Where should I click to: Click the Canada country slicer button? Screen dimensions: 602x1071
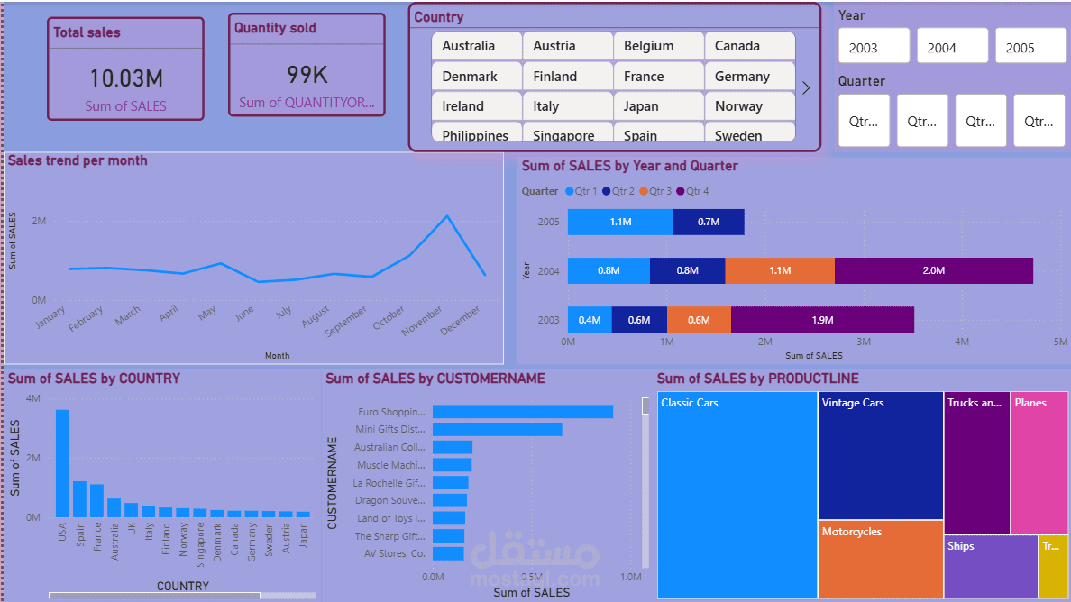(749, 46)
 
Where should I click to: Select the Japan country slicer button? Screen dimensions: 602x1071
(658, 106)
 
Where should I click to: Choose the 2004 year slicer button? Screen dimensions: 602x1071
(952, 47)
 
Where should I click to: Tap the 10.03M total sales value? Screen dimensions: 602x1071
(126, 78)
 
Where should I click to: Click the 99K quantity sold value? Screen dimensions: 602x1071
(307, 74)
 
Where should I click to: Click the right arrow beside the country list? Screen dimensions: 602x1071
(806, 88)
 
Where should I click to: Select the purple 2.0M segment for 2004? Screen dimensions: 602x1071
(933, 270)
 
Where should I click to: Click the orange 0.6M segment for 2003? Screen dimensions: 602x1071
(699, 320)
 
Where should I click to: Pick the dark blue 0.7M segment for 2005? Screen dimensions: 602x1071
(709, 222)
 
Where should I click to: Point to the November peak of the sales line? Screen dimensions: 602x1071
(447, 216)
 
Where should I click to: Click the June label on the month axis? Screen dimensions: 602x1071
(243, 315)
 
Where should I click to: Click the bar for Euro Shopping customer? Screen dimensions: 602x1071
(522, 412)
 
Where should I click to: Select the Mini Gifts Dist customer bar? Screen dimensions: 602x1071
(497, 430)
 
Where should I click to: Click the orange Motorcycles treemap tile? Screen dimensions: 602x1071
(880, 559)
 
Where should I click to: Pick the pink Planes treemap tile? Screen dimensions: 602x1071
(1039, 462)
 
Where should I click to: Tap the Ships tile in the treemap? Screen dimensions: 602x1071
(991, 566)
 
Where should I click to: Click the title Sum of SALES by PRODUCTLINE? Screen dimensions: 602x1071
(757, 379)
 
